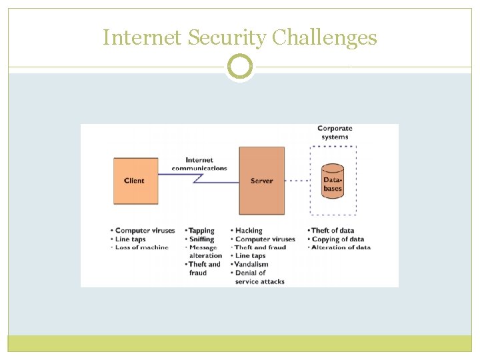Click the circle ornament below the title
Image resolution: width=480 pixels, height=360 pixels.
(x=240, y=67)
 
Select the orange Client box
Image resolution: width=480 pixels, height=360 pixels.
(x=135, y=181)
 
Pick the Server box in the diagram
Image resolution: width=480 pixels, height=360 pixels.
(x=262, y=181)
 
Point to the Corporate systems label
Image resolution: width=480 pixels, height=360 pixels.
(x=334, y=132)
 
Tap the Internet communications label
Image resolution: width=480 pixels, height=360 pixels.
(x=199, y=164)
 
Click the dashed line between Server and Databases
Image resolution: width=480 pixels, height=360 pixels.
(x=297, y=181)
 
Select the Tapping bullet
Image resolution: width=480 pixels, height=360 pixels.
(x=201, y=231)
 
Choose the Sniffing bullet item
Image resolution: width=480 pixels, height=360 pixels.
(x=201, y=239)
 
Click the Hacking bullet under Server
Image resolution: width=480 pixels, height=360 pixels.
(x=249, y=231)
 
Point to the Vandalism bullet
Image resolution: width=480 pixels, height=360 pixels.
(x=251, y=264)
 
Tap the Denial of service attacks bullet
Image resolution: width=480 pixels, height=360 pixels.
(x=259, y=277)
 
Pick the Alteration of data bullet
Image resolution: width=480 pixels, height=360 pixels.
(x=341, y=247)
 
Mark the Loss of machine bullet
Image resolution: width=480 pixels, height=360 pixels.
(x=141, y=247)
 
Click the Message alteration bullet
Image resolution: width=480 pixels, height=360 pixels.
(x=205, y=251)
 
